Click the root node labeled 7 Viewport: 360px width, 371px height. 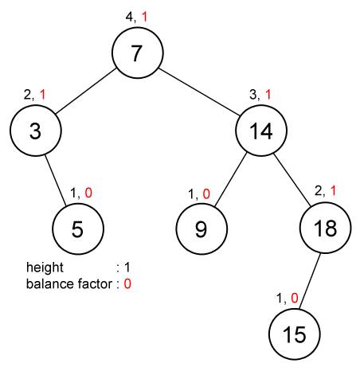coord(138,53)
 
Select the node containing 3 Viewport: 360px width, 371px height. coord(36,131)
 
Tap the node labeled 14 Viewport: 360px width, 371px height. coord(261,131)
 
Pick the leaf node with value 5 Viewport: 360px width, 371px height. coord(78,228)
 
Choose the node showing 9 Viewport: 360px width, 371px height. coord(202,228)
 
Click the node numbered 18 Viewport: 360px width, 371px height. coord(326,228)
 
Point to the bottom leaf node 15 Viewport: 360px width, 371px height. coord(295,334)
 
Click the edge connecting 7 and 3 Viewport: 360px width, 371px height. coord(86,92)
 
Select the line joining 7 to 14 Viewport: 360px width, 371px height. coord(200,92)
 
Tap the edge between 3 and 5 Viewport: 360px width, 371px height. coord(55,180)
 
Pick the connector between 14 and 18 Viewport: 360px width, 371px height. coord(292,180)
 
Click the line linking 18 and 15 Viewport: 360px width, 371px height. coord(310,281)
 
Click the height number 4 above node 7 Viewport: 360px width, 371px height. coord(129,17)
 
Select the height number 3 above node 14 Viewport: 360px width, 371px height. coord(253,95)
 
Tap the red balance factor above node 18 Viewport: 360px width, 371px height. coord(333,191)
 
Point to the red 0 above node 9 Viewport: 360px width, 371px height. coord(206,194)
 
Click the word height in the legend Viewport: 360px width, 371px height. coord(45,268)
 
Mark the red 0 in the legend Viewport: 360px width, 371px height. coord(127,284)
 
